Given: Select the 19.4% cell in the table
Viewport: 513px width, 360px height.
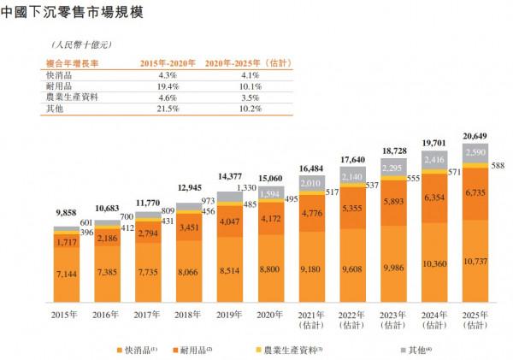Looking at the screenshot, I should (162, 86).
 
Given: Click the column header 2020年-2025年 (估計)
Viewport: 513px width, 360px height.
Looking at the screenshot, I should (246, 63).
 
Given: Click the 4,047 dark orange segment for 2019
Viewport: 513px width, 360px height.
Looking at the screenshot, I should (230, 221).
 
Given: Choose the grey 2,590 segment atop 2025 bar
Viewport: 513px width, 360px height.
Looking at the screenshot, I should (476, 150).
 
